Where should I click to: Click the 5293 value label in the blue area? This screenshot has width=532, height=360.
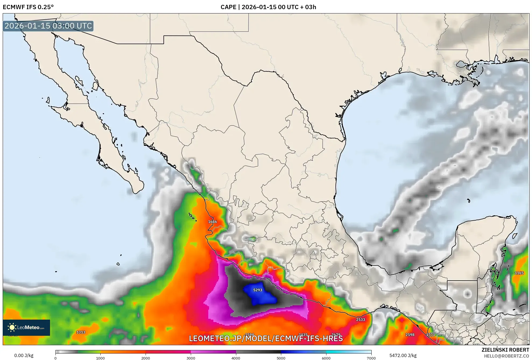[x=258, y=290]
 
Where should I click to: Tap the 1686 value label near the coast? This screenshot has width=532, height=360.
[x=212, y=222]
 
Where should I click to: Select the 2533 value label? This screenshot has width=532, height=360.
[x=360, y=320]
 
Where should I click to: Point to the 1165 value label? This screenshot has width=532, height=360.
[x=519, y=273]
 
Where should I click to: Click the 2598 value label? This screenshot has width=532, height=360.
[x=410, y=335]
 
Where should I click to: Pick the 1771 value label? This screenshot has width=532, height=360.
[x=431, y=335]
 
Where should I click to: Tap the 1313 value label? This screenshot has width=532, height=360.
[x=81, y=332]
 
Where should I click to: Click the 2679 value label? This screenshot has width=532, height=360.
[x=336, y=335]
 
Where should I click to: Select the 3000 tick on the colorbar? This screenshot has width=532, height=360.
[x=191, y=358]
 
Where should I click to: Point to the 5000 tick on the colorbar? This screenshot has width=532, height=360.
[x=281, y=358]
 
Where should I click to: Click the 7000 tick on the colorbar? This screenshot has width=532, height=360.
[x=371, y=358]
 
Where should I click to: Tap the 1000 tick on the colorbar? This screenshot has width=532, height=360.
[x=100, y=358]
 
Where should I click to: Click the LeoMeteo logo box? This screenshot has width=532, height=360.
[x=26, y=327]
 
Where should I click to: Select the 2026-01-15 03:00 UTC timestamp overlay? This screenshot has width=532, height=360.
[x=48, y=26]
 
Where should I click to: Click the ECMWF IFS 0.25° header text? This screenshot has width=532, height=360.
[x=28, y=7]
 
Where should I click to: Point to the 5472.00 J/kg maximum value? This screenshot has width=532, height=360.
[x=403, y=355]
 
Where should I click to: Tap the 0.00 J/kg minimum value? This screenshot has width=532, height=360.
[x=24, y=355]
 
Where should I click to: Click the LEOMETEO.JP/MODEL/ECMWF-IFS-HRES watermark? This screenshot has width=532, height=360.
[x=266, y=338]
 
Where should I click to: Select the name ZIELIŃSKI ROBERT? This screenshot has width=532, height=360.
[x=505, y=350]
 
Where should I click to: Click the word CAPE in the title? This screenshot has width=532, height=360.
[x=228, y=7]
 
